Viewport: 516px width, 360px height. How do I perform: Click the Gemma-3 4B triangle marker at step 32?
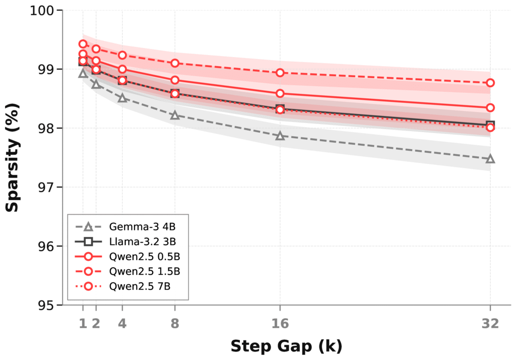coord(490,159)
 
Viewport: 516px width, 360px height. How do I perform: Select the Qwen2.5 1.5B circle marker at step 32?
coord(490,83)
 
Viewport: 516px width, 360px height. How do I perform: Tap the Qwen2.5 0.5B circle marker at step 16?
coord(280,93)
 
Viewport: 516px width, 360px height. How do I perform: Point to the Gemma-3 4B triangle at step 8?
coord(175,115)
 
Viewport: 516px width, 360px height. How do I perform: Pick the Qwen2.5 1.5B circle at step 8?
coord(175,63)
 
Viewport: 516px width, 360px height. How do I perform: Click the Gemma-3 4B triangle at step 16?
coord(280,136)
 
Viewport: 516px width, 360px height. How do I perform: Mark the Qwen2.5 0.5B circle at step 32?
coord(490,107)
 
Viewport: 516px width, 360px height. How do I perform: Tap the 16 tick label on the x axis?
coord(280,323)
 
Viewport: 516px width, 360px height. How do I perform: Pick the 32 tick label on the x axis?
coord(490,323)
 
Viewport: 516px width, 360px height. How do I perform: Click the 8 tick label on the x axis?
coord(175,323)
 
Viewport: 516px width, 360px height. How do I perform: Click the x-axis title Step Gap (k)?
coord(286,346)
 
